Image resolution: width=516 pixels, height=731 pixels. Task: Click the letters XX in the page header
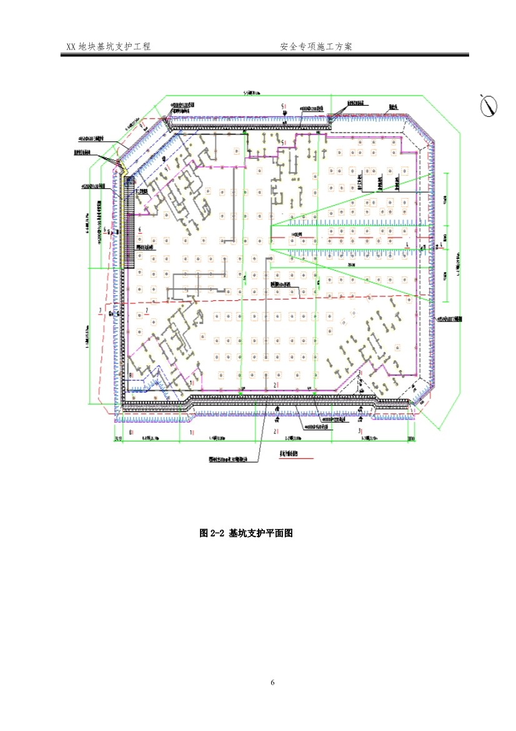pos(71,47)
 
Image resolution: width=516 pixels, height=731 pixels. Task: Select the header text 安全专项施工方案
pos(317,47)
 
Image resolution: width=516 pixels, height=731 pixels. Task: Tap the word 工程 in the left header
pos(142,47)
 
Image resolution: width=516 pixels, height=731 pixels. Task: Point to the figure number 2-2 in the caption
pos(217,533)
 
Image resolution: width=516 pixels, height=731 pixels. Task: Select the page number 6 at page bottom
pos(273,682)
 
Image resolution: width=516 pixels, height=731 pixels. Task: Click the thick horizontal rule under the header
pos(264,56)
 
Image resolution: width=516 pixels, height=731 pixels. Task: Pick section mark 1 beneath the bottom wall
pos(192,432)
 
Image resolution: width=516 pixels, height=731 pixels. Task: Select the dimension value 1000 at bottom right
pos(410,440)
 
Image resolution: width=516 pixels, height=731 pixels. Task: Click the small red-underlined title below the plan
pos(288,454)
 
